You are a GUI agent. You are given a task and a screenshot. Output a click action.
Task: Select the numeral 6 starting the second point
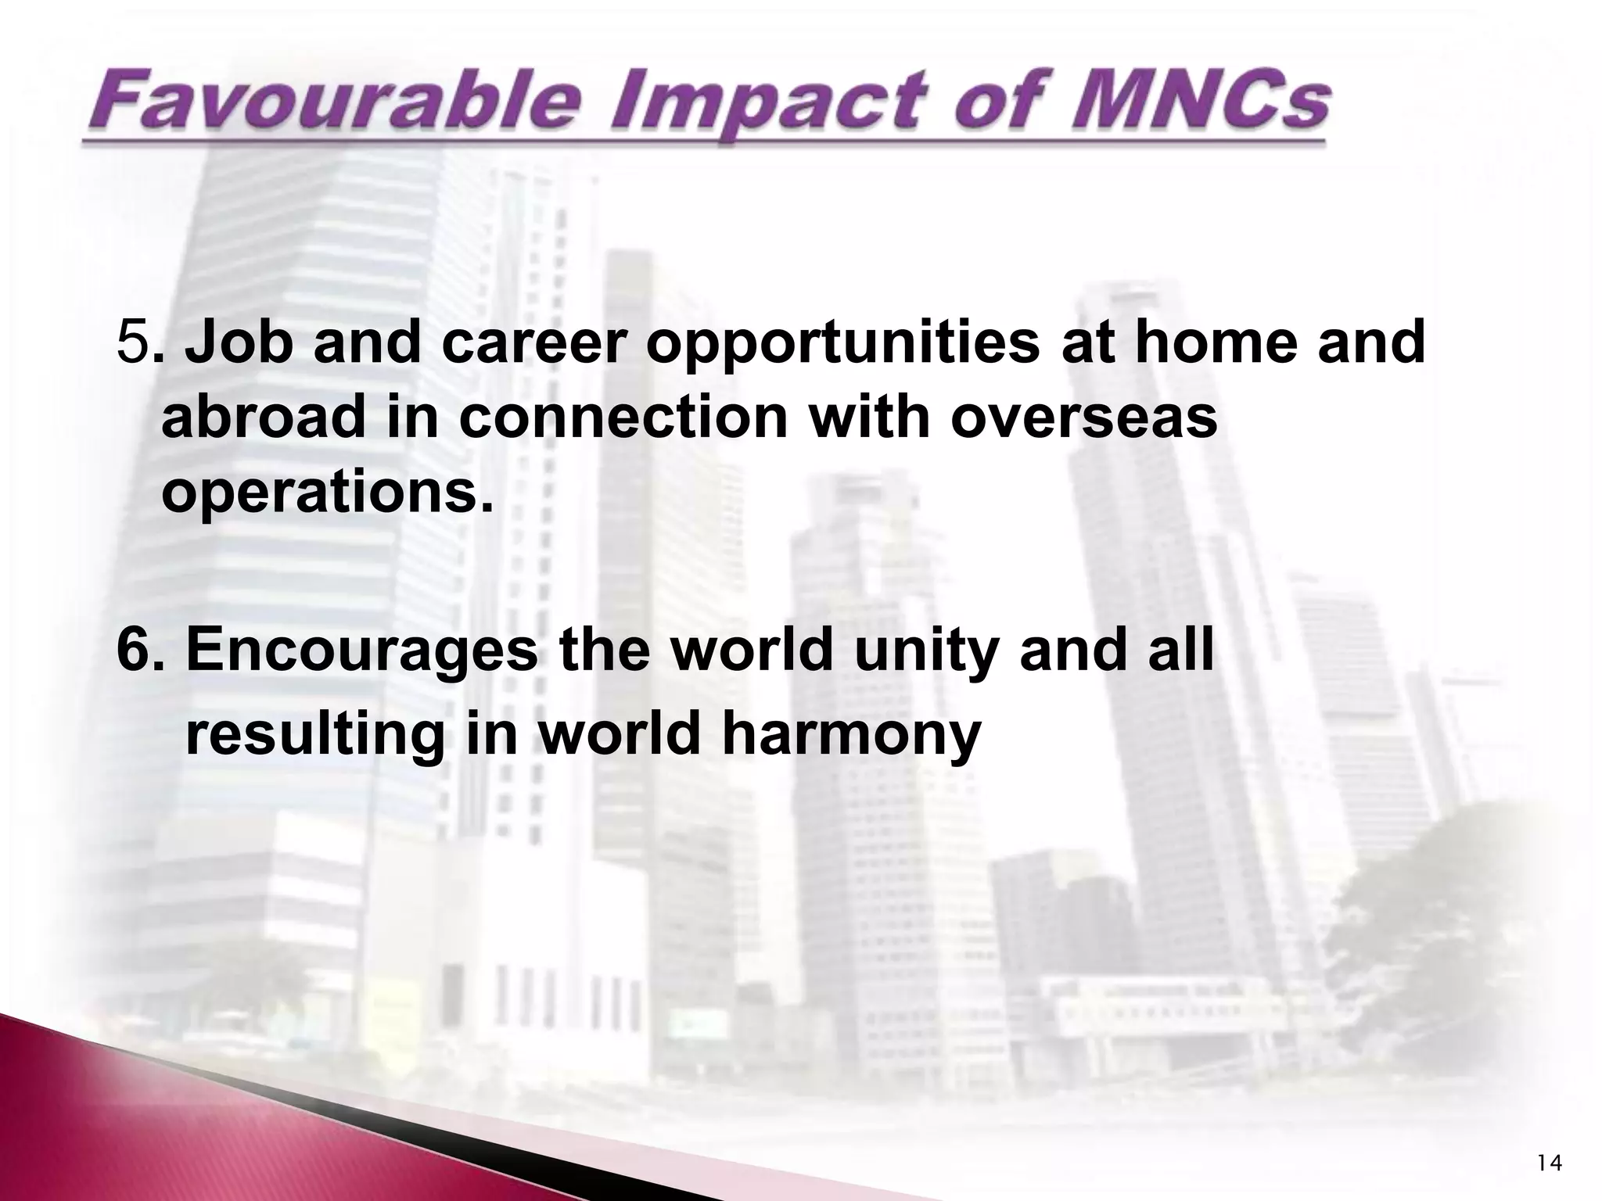(x=132, y=651)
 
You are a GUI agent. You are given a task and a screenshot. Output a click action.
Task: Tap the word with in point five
(x=869, y=417)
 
